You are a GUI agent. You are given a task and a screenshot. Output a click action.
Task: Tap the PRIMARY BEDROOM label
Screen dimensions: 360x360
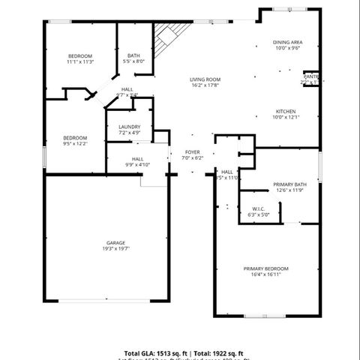click(x=265, y=268)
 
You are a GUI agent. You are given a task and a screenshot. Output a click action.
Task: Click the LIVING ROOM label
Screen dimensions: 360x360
click(x=204, y=79)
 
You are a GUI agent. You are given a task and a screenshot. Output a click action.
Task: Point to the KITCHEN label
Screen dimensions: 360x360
click(x=286, y=111)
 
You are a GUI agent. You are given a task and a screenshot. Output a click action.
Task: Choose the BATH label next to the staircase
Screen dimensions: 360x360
click(x=133, y=55)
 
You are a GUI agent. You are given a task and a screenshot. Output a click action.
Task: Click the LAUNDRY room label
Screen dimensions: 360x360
click(x=129, y=127)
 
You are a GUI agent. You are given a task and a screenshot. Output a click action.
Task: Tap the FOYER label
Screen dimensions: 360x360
click(x=193, y=152)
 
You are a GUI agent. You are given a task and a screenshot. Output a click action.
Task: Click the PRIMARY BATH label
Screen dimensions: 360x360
click(x=289, y=184)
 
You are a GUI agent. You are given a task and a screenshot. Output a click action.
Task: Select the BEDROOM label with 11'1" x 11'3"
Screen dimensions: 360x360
click(x=79, y=56)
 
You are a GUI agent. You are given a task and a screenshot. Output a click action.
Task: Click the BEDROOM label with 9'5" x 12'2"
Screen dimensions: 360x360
click(x=75, y=138)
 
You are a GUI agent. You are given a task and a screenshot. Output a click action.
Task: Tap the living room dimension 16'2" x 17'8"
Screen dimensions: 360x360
click(x=204, y=85)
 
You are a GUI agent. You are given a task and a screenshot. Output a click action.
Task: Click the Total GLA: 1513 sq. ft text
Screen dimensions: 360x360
click(x=156, y=352)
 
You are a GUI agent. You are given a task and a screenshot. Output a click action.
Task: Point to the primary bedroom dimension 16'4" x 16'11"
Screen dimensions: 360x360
click(x=265, y=274)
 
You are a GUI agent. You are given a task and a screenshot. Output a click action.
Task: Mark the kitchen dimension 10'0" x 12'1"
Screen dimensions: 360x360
click(x=286, y=117)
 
